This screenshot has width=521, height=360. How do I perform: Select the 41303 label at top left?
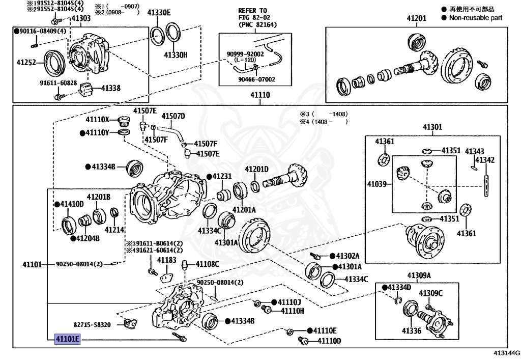tap(80, 19)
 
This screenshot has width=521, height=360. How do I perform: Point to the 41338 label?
tap(110, 88)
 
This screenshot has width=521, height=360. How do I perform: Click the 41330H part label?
tap(176, 54)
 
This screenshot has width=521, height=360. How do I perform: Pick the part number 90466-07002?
tap(257, 79)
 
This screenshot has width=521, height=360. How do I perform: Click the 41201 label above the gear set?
tap(416, 19)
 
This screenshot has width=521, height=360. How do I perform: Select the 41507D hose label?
tap(173, 116)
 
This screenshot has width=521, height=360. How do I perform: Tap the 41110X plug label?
tap(97, 120)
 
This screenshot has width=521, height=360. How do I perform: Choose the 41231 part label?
tap(222, 177)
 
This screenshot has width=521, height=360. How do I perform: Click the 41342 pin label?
tap(485, 160)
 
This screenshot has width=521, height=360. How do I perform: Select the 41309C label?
tap(430, 293)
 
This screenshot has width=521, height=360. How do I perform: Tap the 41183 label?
tap(166, 260)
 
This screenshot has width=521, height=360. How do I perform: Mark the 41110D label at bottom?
tap(329, 341)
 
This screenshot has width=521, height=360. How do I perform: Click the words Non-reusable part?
tap(475, 18)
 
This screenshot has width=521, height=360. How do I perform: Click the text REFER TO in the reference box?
tap(252, 11)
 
